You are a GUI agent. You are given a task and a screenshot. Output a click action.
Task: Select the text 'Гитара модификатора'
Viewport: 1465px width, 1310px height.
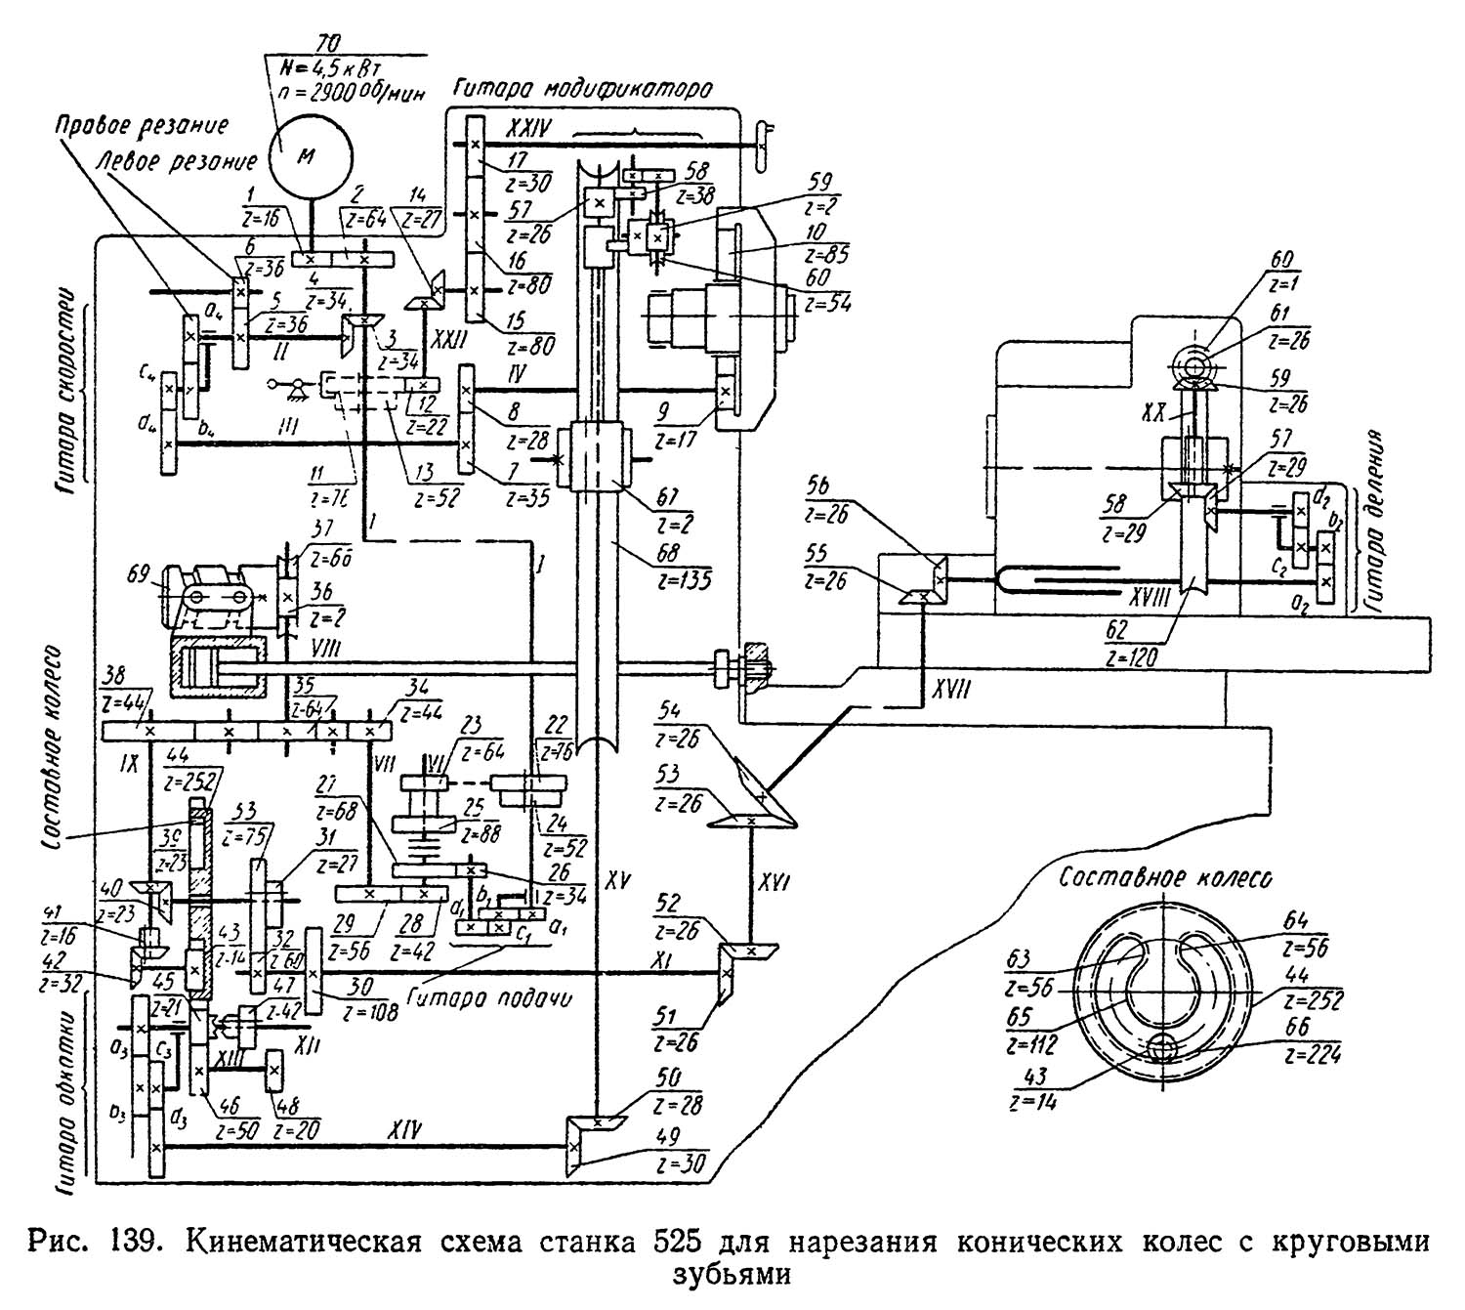click(x=581, y=88)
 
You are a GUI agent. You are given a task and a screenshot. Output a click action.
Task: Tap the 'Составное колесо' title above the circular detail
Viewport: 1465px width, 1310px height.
click(x=1166, y=878)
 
